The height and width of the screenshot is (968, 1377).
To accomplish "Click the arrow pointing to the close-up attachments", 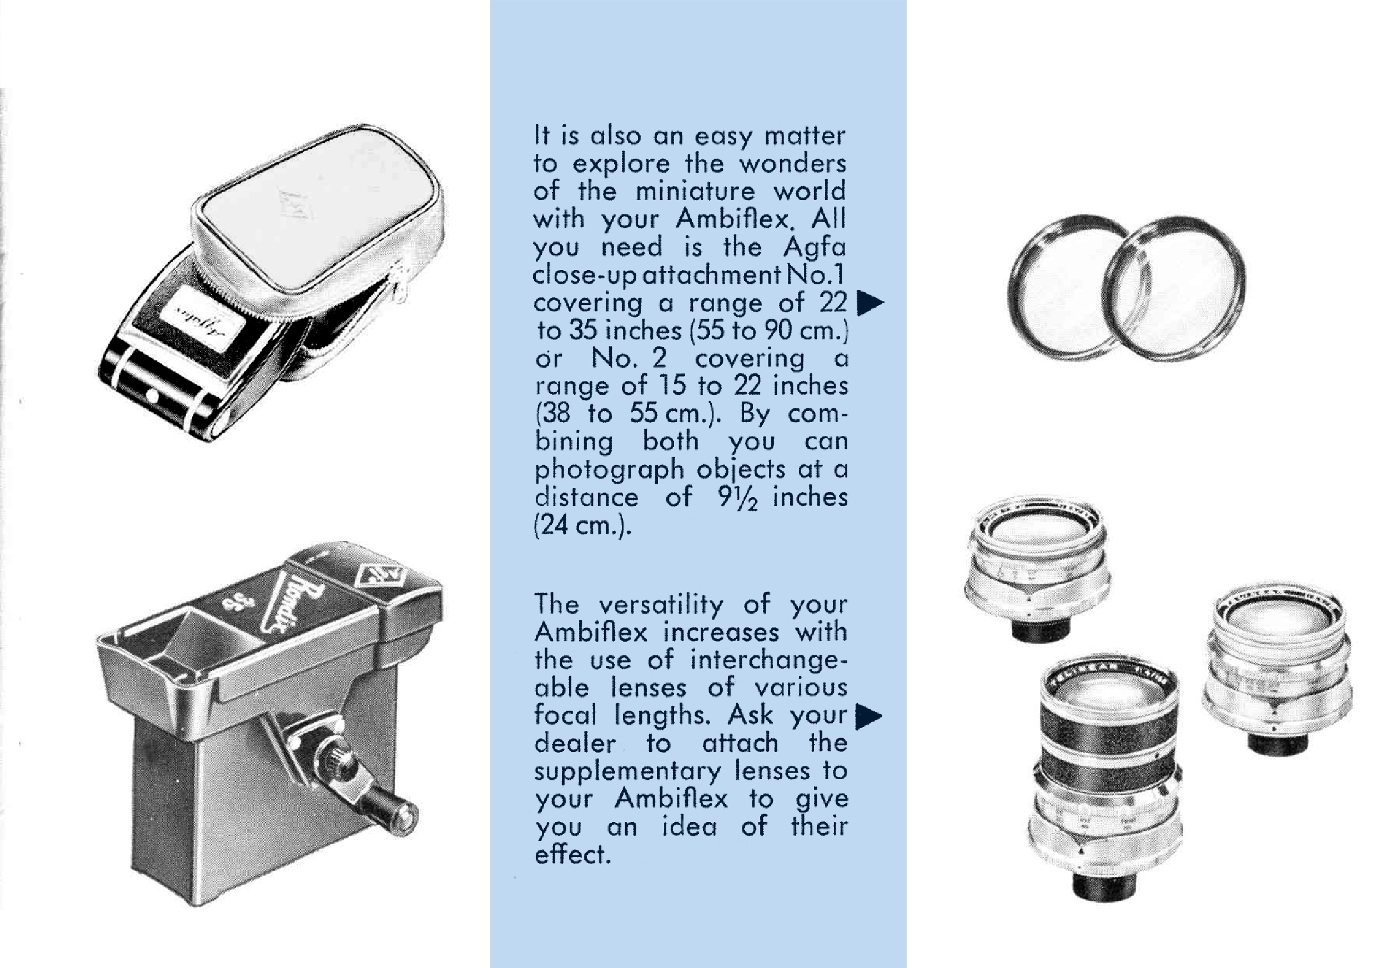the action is pos(870,303).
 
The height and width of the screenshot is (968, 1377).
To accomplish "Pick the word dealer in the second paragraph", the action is pos(575,744).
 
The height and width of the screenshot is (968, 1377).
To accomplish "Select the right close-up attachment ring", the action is pos(1174,289).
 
